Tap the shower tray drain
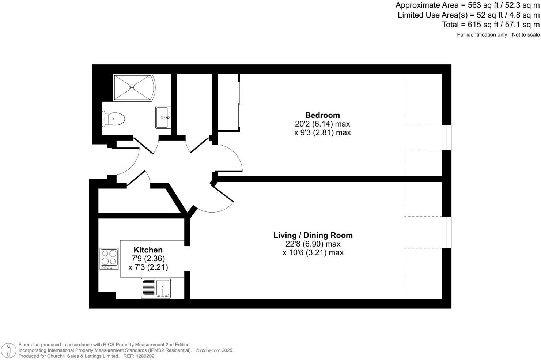click(x=132, y=87)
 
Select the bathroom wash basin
click(x=163, y=117)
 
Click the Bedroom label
click(x=322, y=115)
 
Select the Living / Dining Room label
click(x=313, y=235)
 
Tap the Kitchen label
click(x=148, y=250)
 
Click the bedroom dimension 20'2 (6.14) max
click(x=322, y=124)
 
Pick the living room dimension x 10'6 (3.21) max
click(x=313, y=252)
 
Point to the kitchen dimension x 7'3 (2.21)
click(x=148, y=267)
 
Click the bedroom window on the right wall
click(x=447, y=137)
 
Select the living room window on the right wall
click(x=447, y=232)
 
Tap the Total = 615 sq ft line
click(x=491, y=25)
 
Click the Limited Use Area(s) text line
click(x=468, y=15)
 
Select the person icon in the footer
click(x=8, y=350)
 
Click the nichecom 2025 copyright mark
click(x=215, y=350)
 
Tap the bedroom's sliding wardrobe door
click(x=239, y=102)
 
